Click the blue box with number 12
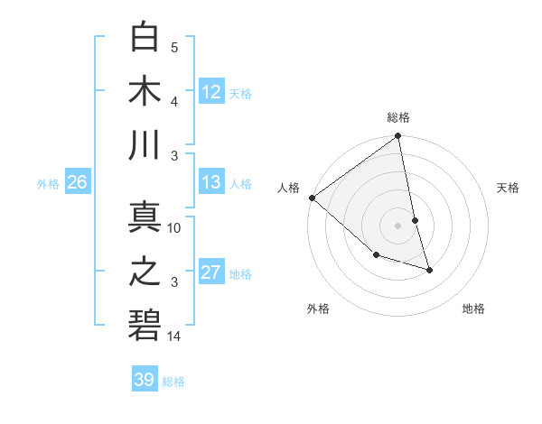(x=211, y=91)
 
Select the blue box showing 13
(x=211, y=182)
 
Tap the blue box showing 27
(x=211, y=272)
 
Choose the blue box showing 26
(x=77, y=182)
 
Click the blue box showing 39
(x=145, y=380)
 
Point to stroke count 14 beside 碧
(x=174, y=336)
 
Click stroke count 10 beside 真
(x=174, y=228)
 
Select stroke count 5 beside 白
(x=174, y=48)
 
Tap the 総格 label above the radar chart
(x=398, y=117)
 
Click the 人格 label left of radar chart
(x=289, y=188)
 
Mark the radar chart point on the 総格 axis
(x=398, y=137)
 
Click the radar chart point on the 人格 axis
(x=312, y=197)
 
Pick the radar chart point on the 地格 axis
(x=429, y=269)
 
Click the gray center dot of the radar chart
(x=398, y=225)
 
